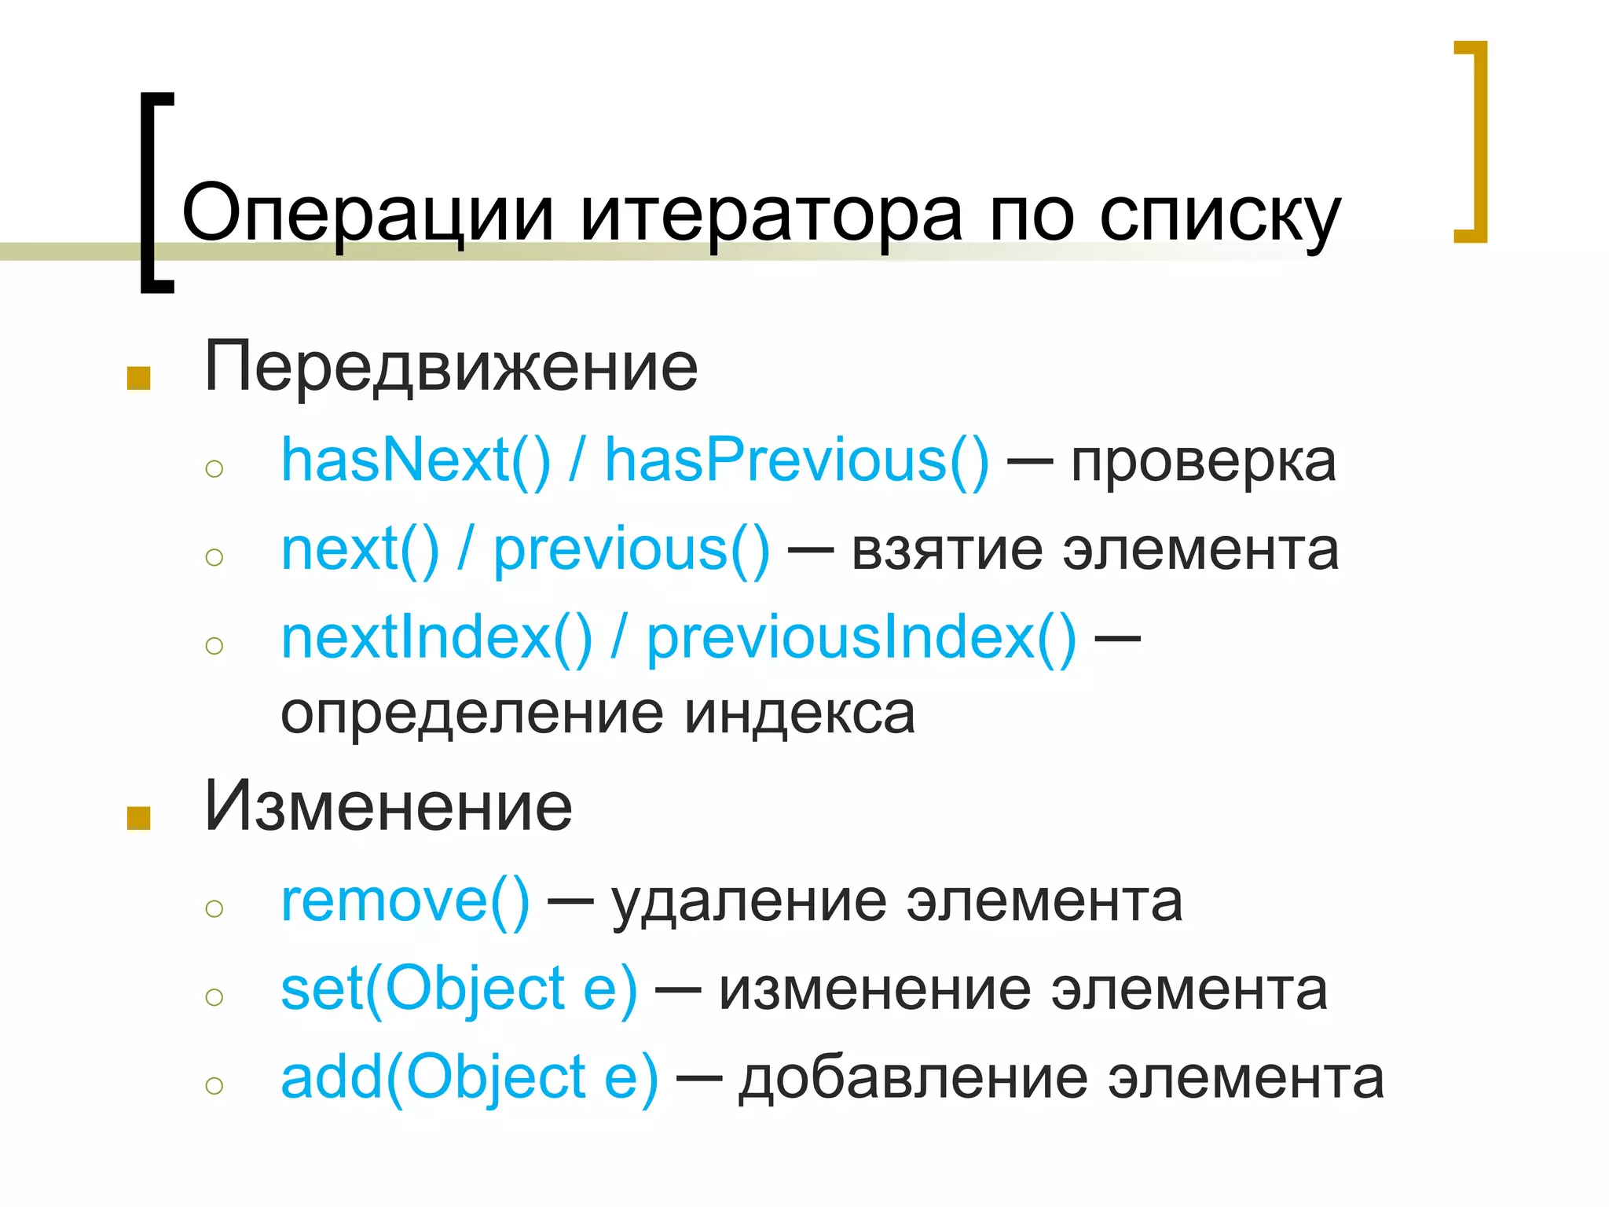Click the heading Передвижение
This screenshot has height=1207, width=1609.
(x=451, y=366)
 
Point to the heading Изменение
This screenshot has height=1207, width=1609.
(x=388, y=806)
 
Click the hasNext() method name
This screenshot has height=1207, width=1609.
(x=416, y=460)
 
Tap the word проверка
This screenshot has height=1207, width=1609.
(x=1203, y=464)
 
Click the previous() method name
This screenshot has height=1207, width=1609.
(x=632, y=549)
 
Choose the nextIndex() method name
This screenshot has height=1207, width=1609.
(x=437, y=637)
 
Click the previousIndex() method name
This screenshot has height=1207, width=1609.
(x=861, y=637)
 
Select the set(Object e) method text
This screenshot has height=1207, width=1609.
(x=459, y=989)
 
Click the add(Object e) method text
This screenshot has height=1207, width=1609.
(x=470, y=1077)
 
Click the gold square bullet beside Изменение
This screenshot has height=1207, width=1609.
(x=138, y=817)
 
